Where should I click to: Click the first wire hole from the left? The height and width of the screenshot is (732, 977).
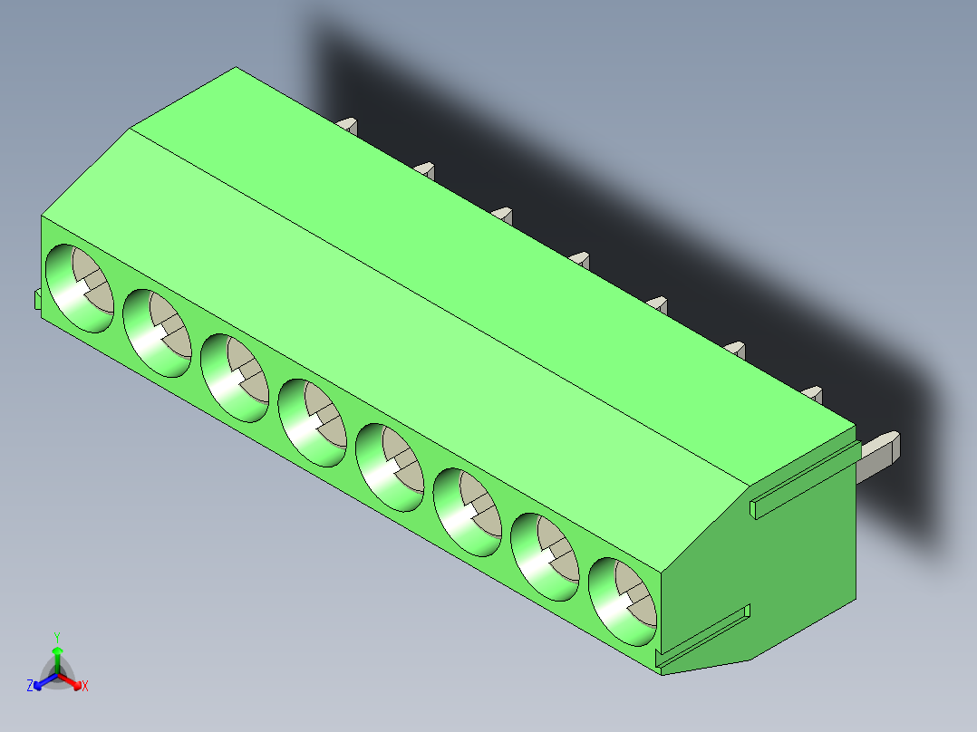click(80, 288)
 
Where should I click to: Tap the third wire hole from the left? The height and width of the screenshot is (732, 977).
click(235, 378)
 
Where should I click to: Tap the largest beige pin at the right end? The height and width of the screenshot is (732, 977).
click(879, 452)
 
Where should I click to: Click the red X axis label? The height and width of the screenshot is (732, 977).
click(85, 686)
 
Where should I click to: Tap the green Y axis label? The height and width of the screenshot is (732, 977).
click(57, 637)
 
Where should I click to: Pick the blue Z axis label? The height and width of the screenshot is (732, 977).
click(30, 686)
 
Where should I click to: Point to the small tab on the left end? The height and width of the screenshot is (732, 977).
click(37, 300)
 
